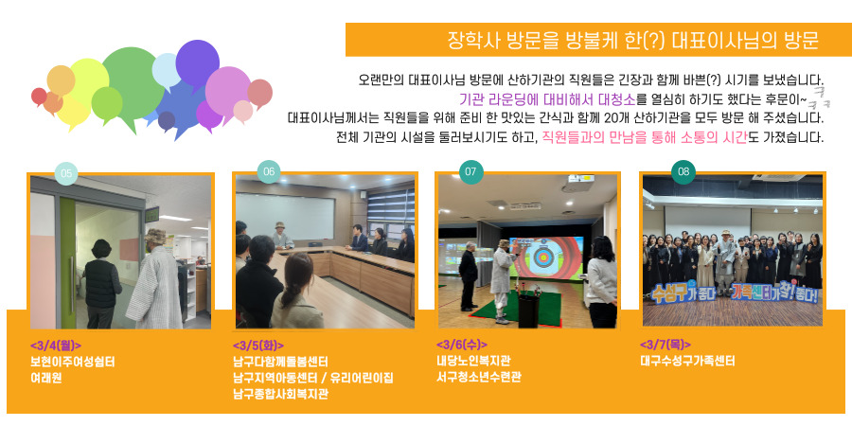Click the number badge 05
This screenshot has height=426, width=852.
click(x=66, y=174)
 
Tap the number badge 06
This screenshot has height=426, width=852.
click(x=269, y=171)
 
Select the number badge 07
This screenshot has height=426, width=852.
click(x=470, y=171)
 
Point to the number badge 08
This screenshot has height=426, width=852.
click(x=683, y=171)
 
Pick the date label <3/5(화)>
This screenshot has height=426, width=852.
click(x=258, y=346)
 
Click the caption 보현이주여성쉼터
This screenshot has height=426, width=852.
click(x=72, y=362)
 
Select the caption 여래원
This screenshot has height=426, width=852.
click(x=45, y=378)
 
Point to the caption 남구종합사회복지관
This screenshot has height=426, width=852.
click(x=280, y=394)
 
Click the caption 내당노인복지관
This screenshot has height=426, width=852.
click(x=473, y=361)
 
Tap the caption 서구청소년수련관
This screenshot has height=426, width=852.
click(x=478, y=377)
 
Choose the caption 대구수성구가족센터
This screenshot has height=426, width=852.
click(x=688, y=361)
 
